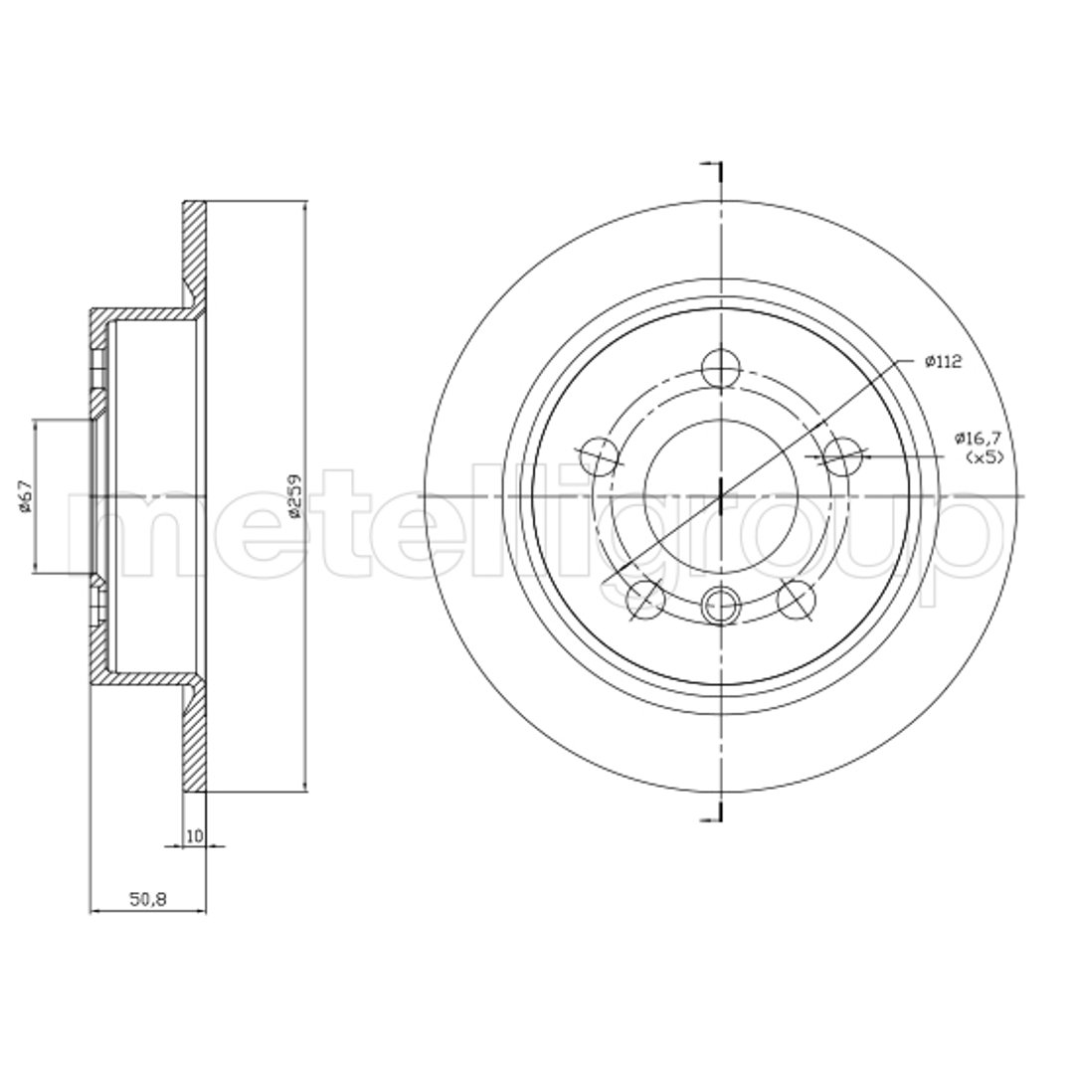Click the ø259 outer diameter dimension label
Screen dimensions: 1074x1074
point(295,495)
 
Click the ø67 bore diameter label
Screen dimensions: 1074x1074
point(25,496)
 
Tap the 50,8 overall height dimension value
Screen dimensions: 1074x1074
point(148,899)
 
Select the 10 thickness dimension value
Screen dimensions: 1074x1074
point(195,835)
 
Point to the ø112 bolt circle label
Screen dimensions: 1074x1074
point(943,362)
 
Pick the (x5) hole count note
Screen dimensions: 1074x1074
point(984,457)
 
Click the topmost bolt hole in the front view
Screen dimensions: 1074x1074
point(722,367)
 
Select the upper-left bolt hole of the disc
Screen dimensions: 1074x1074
point(600,456)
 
